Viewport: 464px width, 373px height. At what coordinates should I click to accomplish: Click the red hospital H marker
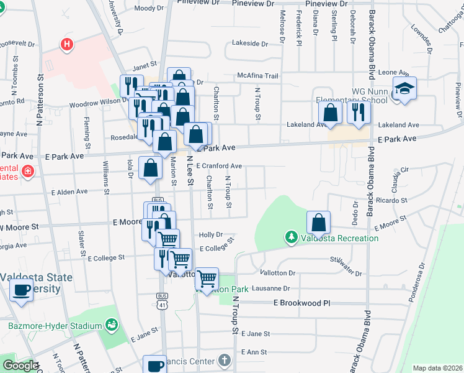66,44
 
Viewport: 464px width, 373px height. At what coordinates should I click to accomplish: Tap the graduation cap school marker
405,89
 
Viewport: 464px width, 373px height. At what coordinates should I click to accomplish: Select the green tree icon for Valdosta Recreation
292,237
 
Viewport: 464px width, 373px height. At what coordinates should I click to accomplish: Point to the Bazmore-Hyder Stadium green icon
112,325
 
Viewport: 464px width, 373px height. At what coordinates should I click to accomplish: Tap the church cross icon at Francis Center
224,361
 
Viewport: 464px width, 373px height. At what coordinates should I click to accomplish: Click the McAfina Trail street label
257,76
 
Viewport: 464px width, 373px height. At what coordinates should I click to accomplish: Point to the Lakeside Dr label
249,44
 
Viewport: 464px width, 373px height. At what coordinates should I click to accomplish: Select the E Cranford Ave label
219,166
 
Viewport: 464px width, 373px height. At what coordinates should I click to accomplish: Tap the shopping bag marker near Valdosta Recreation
318,222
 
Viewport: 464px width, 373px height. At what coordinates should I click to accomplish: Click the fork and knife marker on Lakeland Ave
359,111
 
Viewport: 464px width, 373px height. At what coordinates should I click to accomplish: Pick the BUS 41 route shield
163,301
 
